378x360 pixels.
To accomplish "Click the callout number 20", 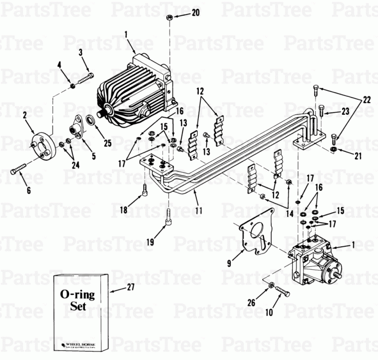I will tap(195, 13).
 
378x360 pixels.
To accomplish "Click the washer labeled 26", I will tap(271, 286).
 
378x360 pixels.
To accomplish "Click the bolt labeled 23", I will tap(321, 112).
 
